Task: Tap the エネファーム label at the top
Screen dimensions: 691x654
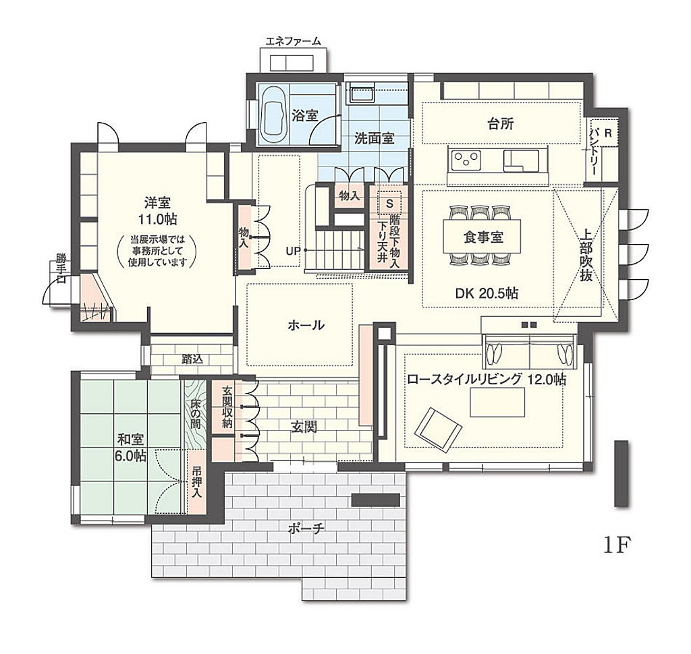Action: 293,41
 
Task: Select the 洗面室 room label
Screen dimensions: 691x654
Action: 374,139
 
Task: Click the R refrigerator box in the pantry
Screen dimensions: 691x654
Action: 608,133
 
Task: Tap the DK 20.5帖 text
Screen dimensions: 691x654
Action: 487,293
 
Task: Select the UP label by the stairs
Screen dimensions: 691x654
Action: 293,251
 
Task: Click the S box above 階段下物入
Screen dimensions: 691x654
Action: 389,204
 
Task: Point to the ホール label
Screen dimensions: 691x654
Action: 306,325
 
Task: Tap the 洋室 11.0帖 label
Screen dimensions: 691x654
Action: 157,211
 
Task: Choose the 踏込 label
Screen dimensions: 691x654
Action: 192,359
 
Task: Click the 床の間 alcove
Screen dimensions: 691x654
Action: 196,414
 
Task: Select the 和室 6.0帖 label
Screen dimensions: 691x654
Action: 130,448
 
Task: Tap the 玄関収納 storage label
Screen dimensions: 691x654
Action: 227,407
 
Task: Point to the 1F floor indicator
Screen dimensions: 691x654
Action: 617,545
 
